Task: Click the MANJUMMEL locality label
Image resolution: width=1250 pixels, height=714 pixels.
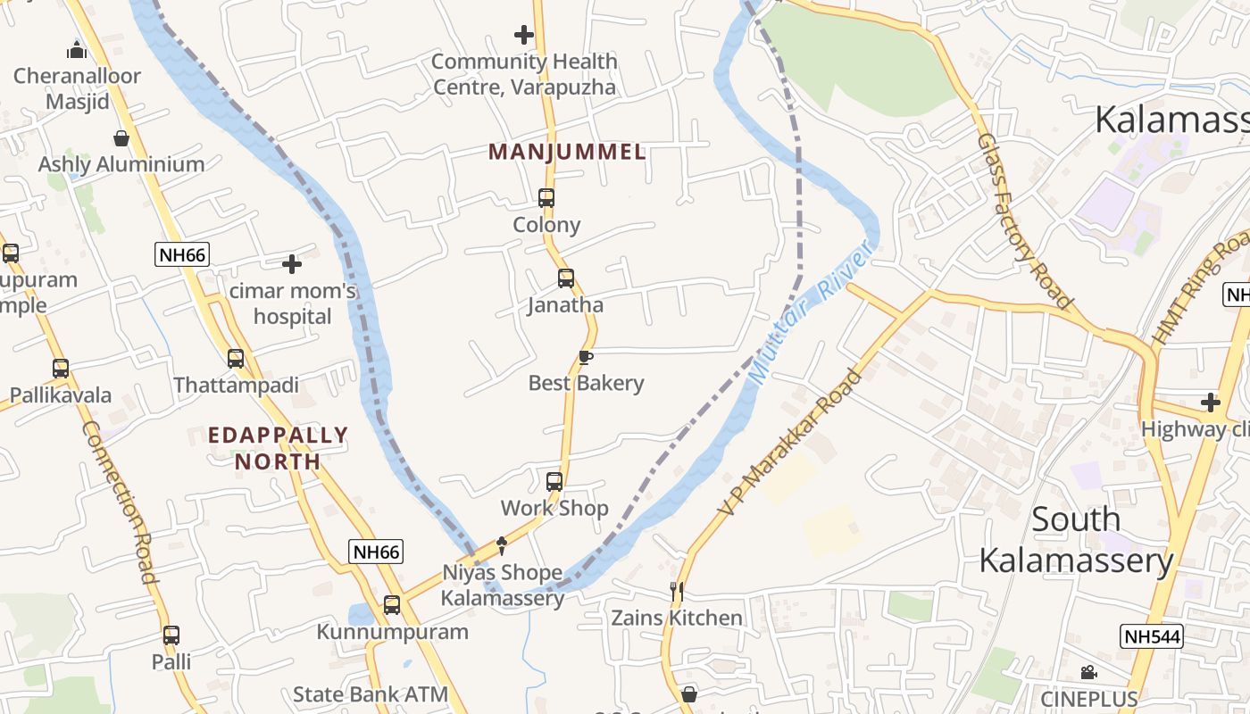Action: [x=567, y=152]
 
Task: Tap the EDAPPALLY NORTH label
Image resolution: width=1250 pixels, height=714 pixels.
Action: [x=278, y=448]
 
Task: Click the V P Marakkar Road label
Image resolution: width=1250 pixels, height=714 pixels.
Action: [x=792, y=443]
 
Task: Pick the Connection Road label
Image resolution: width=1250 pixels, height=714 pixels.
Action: [x=121, y=502]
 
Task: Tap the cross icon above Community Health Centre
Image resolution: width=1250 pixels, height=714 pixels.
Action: [x=524, y=36]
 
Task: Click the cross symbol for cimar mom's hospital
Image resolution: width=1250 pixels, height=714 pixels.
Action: [x=292, y=264]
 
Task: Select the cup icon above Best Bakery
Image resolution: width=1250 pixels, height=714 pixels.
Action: [x=586, y=358]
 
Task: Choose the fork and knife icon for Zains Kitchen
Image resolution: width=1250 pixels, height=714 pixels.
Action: [x=677, y=591]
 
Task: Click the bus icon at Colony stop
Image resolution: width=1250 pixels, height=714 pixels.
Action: [x=546, y=198]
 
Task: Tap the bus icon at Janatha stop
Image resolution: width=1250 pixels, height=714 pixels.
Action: [x=566, y=278]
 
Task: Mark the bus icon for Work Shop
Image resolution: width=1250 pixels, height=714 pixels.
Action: [x=554, y=482]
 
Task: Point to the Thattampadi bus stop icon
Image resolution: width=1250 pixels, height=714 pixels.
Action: [x=236, y=359]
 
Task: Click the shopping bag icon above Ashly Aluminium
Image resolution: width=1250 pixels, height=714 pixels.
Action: [x=121, y=138]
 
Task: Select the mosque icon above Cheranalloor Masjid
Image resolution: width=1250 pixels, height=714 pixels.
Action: [x=77, y=50]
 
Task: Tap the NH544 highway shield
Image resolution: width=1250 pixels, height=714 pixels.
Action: [x=1151, y=636]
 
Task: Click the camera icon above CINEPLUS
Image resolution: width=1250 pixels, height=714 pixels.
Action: [x=1088, y=672]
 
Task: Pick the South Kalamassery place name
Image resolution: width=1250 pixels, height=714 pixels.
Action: [x=1076, y=539]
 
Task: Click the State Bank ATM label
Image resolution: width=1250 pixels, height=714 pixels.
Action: [x=371, y=694]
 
